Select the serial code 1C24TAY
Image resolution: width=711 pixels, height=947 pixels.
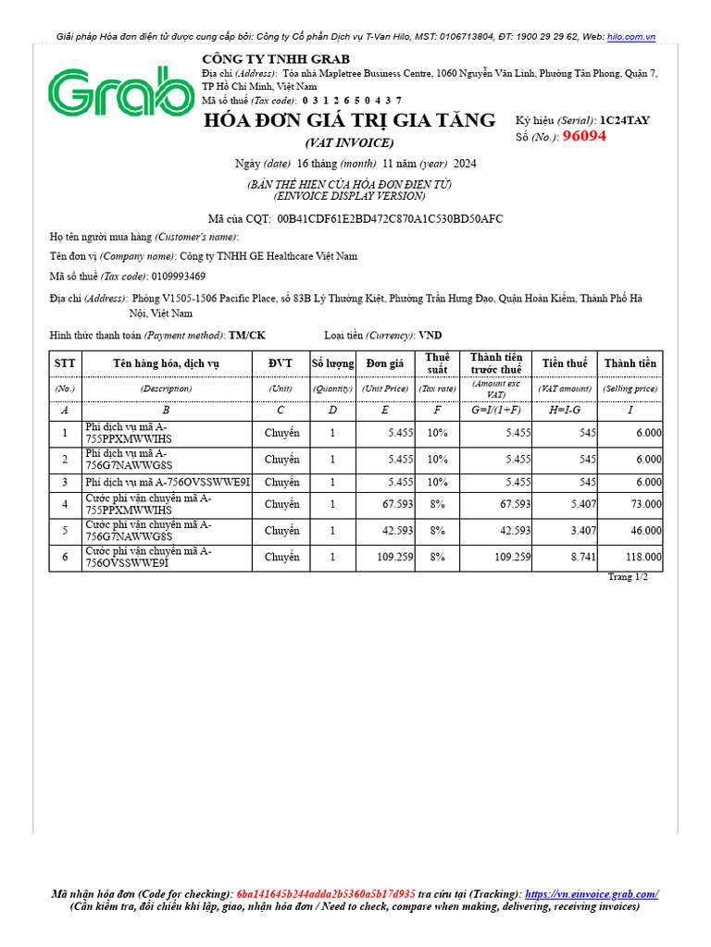627,120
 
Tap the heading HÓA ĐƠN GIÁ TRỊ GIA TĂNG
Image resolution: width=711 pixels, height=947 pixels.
349,121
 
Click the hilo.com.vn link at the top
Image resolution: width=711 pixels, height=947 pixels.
631,36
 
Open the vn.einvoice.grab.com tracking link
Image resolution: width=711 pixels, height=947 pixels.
592,894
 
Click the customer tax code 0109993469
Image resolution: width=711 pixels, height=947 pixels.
179,277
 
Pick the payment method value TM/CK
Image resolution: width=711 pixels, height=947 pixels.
246,335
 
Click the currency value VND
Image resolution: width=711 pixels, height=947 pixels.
430,335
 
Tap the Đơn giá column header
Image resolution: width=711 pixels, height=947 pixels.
384,363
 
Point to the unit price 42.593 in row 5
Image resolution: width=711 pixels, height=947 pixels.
385,531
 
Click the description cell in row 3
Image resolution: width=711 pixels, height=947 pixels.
167,482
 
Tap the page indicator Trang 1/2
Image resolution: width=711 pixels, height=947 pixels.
628,577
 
